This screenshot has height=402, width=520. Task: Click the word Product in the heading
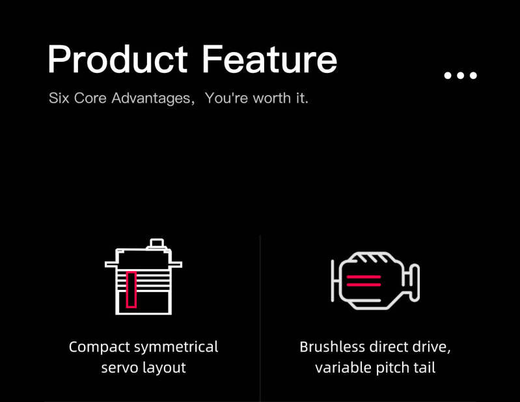click(x=118, y=59)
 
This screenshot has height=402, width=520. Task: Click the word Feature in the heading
click(x=269, y=59)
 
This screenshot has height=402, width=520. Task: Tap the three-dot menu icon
click(x=460, y=76)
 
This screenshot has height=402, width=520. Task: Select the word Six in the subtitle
click(x=59, y=98)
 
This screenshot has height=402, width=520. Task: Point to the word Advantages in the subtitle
click(x=151, y=98)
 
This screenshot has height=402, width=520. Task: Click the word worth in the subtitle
click(x=272, y=98)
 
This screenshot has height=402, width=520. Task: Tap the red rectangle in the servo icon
click(x=131, y=289)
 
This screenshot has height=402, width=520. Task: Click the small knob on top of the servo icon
click(x=157, y=243)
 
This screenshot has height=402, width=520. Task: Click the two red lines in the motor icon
click(x=364, y=281)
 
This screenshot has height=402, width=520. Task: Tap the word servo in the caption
click(x=120, y=368)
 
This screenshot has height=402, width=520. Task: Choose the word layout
click(x=164, y=368)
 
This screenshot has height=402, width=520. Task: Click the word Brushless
click(x=333, y=347)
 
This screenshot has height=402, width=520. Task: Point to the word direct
click(x=389, y=347)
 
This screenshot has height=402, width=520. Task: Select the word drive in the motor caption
click(x=430, y=347)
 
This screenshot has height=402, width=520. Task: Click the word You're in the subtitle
click(x=227, y=98)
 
